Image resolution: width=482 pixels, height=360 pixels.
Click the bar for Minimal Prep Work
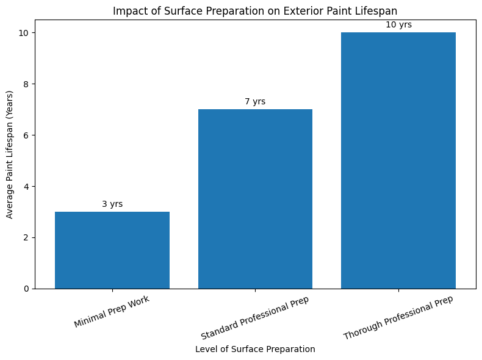coord(112,250)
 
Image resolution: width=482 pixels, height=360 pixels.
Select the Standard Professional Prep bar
coord(255,199)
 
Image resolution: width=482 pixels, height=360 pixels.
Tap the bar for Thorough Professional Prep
coord(398,160)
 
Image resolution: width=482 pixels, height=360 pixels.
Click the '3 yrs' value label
coord(112,204)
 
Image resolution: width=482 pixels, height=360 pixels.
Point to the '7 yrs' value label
coord(255,102)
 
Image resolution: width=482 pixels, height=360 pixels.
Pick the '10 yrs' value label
coord(398,25)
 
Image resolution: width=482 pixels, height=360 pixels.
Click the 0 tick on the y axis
coord(26,289)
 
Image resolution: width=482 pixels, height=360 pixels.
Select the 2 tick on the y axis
coord(26,237)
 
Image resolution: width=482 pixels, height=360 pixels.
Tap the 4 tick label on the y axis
coord(26,186)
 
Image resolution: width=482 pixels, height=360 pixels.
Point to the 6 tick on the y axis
coord(26,135)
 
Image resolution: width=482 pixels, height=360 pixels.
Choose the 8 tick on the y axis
coord(26,84)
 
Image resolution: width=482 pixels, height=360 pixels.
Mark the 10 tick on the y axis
coord(24,32)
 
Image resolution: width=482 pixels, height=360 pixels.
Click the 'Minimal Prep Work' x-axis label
coord(112,312)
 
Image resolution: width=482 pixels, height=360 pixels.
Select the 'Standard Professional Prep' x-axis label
coord(255,318)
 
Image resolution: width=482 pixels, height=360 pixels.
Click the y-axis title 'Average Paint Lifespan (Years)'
coord(10,154)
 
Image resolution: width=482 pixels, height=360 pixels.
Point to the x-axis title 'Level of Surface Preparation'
coord(255,350)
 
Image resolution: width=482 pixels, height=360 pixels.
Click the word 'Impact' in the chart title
coord(127,11)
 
